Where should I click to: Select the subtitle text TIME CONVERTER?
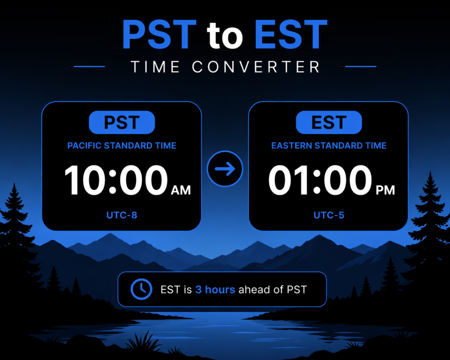pos(225,67)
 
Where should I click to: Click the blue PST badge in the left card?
pos(122,122)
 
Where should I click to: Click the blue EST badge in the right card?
pos(329,122)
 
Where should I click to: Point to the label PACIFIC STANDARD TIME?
pos(122,145)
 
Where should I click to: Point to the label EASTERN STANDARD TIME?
pos(329,145)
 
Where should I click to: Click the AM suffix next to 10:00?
pos(181,190)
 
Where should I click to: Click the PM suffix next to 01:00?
pos(385,190)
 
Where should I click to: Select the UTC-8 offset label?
pos(122,215)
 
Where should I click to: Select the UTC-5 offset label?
pos(329,215)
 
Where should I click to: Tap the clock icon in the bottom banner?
pos(141,289)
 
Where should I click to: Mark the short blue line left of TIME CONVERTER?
pos(89,67)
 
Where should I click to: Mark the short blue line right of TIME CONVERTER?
pos(361,67)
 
